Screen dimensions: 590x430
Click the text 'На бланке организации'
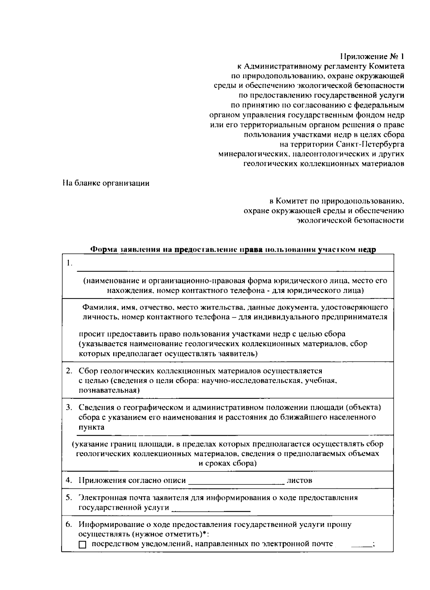[x=106, y=183]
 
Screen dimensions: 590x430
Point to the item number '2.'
[x=69, y=371]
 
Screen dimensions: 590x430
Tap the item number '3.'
[x=69, y=407]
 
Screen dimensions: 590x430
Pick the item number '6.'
[x=69, y=525]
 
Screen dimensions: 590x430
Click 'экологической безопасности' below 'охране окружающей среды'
[x=350, y=221]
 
